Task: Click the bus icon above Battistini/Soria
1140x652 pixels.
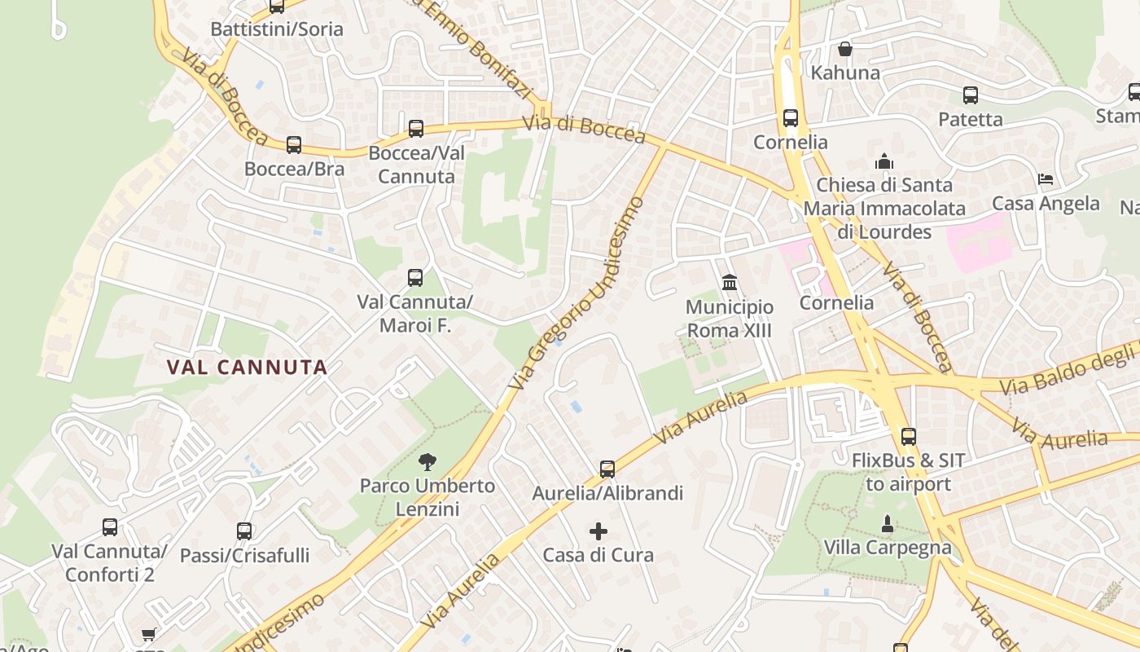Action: (x=277, y=7)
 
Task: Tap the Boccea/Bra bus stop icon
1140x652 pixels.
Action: (x=294, y=145)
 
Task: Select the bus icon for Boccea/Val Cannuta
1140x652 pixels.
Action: (x=416, y=128)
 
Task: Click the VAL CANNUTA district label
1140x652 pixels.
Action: (x=247, y=367)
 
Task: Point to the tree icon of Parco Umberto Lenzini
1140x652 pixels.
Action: (x=427, y=462)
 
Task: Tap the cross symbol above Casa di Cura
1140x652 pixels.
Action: (x=598, y=531)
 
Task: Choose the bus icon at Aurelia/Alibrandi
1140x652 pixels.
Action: (x=607, y=469)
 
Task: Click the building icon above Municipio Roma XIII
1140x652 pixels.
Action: (x=730, y=283)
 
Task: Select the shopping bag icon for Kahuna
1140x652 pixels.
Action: (x=845, y=49)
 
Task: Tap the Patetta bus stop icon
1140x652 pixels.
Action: (x=971, y=95)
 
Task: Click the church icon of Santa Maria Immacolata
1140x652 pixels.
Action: (x=884, y=161)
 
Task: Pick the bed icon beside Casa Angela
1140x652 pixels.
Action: (x=1046, y=178)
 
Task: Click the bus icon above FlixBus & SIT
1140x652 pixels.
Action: (x=909, y=436)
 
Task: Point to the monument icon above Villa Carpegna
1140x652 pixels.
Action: (x=888, y=522)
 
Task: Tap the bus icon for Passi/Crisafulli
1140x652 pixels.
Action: (x=244, y=531)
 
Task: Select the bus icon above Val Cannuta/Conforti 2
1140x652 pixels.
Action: (x=110, y=527)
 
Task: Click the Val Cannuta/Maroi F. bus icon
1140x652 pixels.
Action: (x=415, y=277)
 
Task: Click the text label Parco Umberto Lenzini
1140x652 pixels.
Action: (x=427, y=497)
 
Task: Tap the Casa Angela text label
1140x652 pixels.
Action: (x=1046, y=203)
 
